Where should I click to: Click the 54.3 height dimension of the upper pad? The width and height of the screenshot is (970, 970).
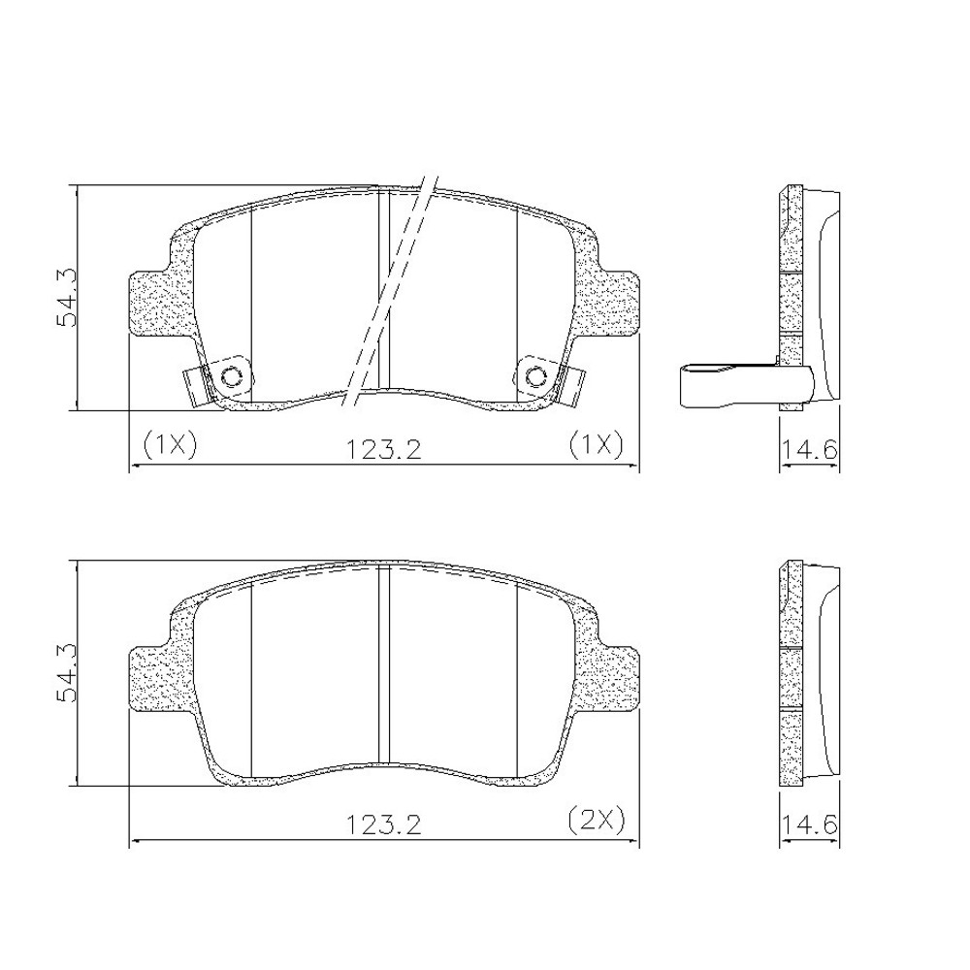point(65,297)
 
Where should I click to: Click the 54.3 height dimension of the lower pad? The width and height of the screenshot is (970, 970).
point(65,672)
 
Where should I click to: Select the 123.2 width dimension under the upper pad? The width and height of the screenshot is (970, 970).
point(383,449)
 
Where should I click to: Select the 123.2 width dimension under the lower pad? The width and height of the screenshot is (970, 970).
point(383,824)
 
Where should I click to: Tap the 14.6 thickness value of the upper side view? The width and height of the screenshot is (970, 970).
point(810,449)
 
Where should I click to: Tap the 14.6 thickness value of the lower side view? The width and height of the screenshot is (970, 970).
point(810,824)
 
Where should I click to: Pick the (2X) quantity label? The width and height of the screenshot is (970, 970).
point(597,821)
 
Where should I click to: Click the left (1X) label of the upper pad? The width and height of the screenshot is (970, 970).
point(169,445)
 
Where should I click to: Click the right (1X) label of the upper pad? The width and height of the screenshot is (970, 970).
point(597,445)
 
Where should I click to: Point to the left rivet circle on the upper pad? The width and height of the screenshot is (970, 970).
point(232,376)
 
